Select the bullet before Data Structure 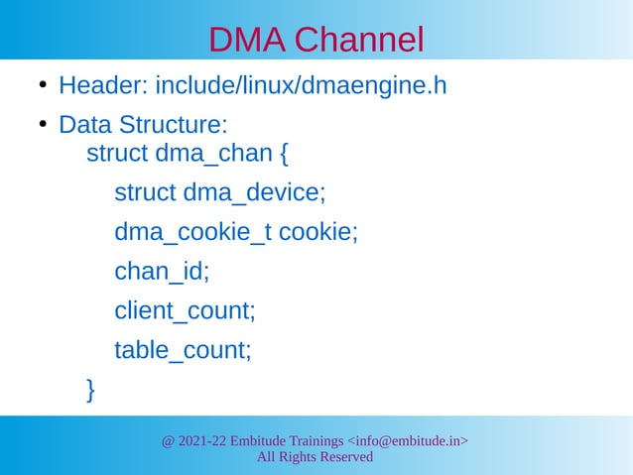tap(44, 126)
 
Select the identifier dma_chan tap(209, 155)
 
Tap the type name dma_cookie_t tap(193, 232)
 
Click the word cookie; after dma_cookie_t tap(317, 232)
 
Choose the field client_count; tap(186, 310)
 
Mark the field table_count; tap(183, 349)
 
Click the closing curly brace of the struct tap(92, 389)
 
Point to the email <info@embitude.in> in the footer tap(407, 440)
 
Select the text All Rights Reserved tap(315, 457)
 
